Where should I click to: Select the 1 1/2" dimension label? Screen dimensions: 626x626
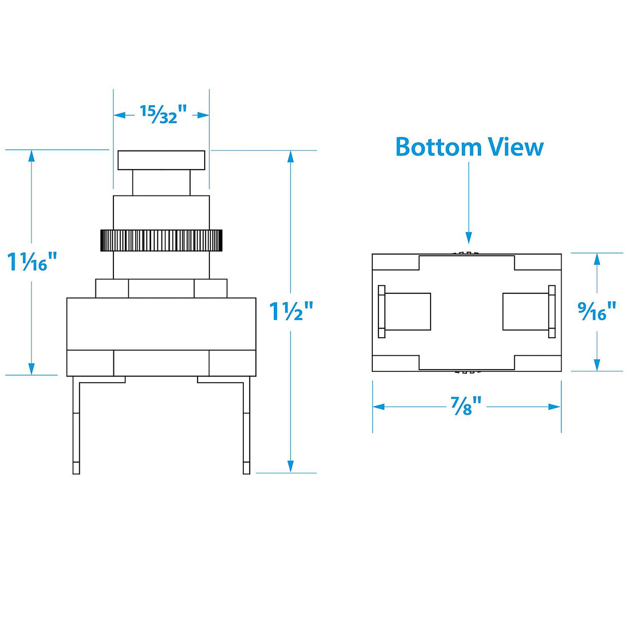click(291, 312)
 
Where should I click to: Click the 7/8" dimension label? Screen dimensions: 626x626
click(467, 407)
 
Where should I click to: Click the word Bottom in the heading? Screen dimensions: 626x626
click(438, 147)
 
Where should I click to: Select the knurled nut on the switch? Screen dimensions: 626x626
click(161, 240)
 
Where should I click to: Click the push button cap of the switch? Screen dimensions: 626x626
click(161, 160)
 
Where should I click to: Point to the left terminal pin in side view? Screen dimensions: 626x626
click(76, 427)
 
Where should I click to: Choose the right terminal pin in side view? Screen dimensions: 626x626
click(246, 427)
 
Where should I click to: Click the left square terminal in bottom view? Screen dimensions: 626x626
click(407, 311)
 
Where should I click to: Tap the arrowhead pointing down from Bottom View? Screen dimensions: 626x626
click(468, 238)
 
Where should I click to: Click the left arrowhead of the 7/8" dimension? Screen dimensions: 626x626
click(378, 407)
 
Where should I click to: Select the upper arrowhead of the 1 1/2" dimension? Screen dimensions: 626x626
click(291, 156)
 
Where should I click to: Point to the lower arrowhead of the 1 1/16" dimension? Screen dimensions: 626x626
click(31, 369)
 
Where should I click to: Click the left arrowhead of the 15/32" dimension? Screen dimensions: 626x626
click(119, 115)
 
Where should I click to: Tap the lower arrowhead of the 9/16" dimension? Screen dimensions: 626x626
click(597, 365)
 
